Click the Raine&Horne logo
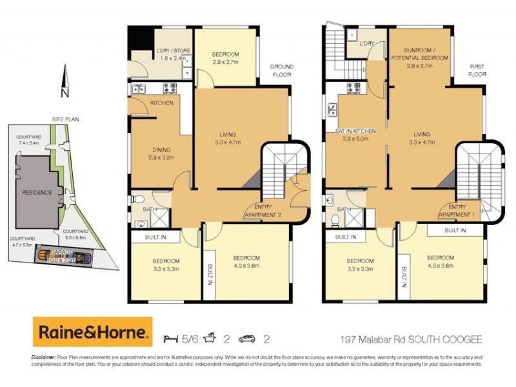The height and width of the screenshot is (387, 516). coord(92,332)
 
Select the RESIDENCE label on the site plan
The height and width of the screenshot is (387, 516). coord(37,192)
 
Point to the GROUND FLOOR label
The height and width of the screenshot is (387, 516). coord(281,70)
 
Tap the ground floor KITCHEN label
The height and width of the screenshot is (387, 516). coord(161,103)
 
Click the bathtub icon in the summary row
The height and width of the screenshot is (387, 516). coord(210,338)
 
